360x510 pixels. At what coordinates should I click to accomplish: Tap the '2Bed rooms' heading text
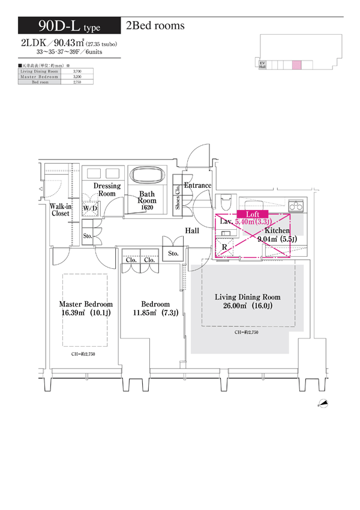155,26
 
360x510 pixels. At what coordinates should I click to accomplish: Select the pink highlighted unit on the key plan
296,65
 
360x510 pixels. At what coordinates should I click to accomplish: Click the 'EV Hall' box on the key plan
262,65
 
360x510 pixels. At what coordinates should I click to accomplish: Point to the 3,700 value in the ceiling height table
76,72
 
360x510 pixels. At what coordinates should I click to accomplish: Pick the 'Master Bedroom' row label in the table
40,77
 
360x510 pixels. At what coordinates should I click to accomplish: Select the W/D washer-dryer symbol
91,208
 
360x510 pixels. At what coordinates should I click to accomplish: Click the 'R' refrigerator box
224,247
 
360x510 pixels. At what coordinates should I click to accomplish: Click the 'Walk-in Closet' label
61,209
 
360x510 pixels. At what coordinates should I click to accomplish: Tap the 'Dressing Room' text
107,190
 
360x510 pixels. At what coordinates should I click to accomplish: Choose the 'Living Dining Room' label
248,297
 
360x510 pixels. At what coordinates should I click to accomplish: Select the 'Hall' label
192,230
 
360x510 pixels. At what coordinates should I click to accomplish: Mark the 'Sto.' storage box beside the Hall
173,254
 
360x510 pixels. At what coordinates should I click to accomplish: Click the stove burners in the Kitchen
299,206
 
